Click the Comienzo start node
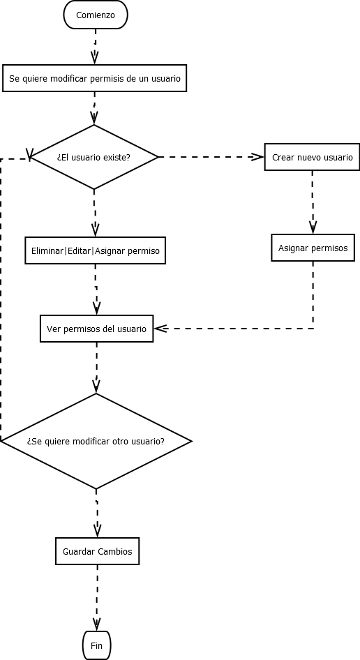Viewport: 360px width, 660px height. click(x=96, y=15)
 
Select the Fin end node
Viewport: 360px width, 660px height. click(x=96, y=645)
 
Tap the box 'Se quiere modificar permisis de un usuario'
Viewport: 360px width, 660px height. click(x=95, y=79)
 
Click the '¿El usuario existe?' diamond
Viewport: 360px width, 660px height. click(x=93, y=157)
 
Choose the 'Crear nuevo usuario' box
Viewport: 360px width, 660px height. click(x=312, y=157)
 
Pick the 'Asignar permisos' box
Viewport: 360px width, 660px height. click(x=313, y=248)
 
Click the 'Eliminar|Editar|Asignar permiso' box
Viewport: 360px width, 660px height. click(x=96, y=250)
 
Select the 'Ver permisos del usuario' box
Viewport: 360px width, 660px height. click(x=96, y=329)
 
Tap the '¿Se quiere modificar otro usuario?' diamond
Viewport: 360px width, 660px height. click(x=96, y=441)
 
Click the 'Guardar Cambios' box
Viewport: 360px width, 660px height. click(x=97, y=551)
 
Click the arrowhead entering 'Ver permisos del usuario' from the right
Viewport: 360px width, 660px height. click(x=160, y=329)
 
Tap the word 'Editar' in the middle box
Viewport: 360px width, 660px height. click(x=79, y=250)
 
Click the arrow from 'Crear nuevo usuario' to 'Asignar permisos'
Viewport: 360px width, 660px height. click(x=313, y=202)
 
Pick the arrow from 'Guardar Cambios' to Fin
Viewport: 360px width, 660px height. click(x=97, y=597)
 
